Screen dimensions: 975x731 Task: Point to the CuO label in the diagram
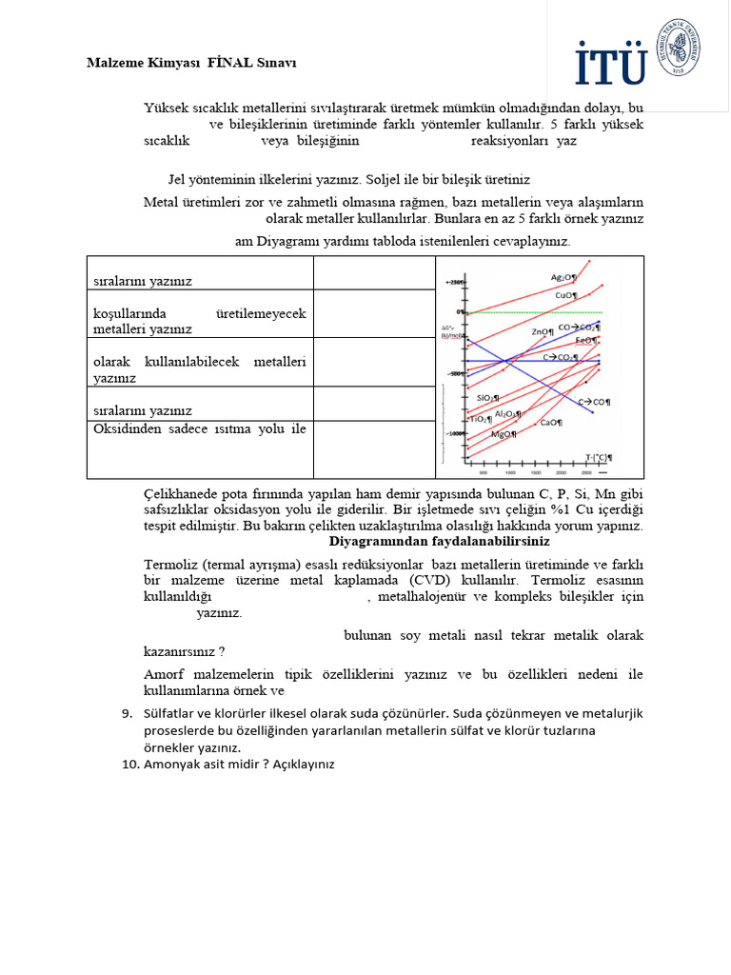pyautogui.click(x=566, y=295)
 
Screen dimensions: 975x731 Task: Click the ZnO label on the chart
pyautogui.click(x=543, y=331)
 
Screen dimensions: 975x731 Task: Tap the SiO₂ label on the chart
pyautogui.click(x=486, y=397)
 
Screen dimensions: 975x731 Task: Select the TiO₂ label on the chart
pyautogui.click(x=480, y=419)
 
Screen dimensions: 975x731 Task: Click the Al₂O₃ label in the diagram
pyautogui.click(x=507, y=414)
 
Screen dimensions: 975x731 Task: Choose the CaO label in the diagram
pyautogui.click(x=550, y=422)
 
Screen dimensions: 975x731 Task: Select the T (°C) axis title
pyautogui.click(x=599, y=457)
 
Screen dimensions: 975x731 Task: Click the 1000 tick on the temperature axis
pyautogui.click(x=509, y=472)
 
